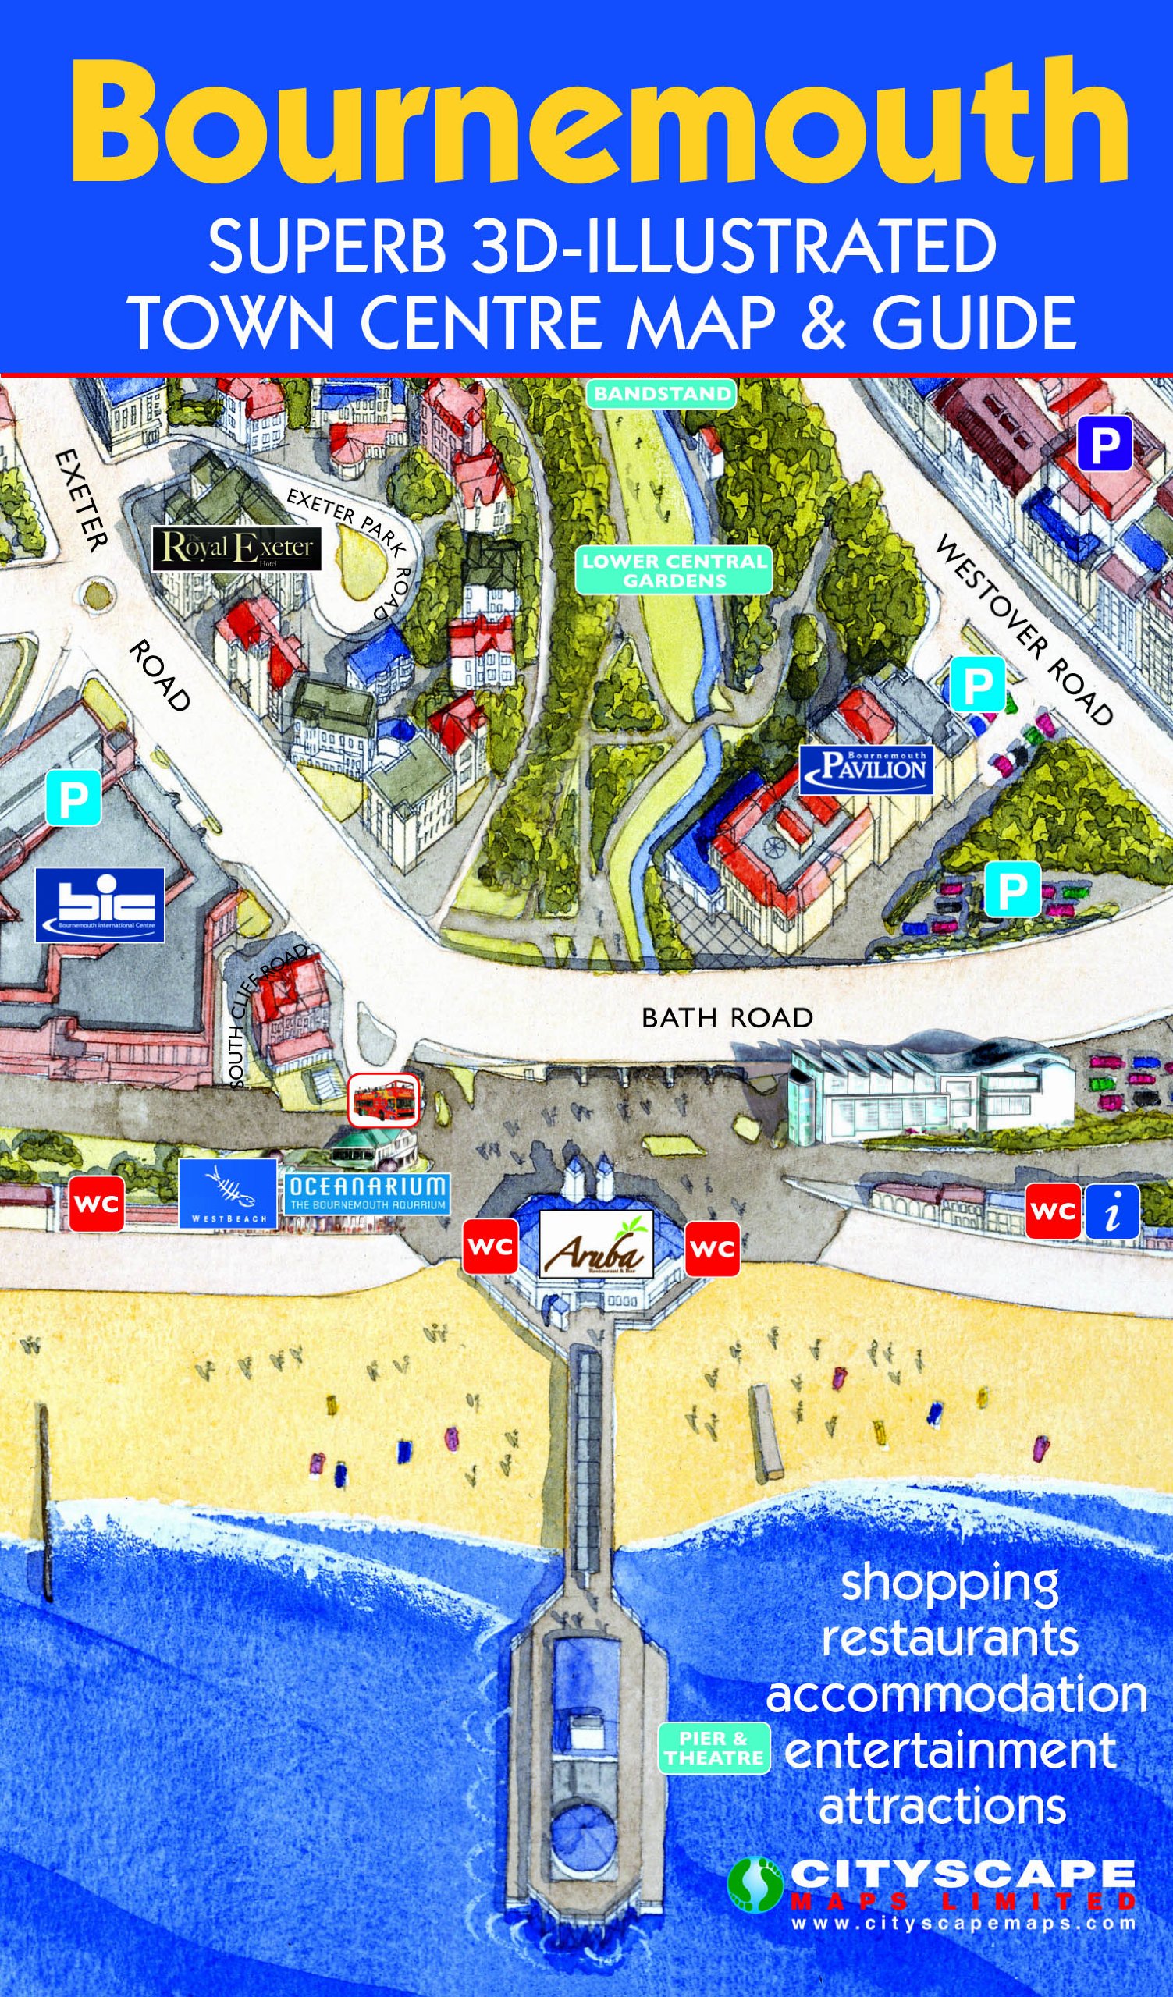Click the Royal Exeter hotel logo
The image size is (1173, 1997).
coord(237,548)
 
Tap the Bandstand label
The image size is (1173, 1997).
coord(662,394)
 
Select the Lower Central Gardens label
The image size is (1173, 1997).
coord(674,570)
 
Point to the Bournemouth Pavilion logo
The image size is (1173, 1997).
coord(866,768)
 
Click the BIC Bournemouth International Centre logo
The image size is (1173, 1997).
coord(100,905)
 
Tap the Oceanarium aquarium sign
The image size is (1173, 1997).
coord(368,1194)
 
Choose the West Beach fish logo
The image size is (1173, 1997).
coord(227,1194)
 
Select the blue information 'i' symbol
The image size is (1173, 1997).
coord(1112,1211)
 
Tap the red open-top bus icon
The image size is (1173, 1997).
coord(384,1098)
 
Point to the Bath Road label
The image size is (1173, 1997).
coord(727,1017)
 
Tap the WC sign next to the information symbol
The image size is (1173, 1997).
coord(1054,1211)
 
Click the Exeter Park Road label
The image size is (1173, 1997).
coord(353,548)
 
